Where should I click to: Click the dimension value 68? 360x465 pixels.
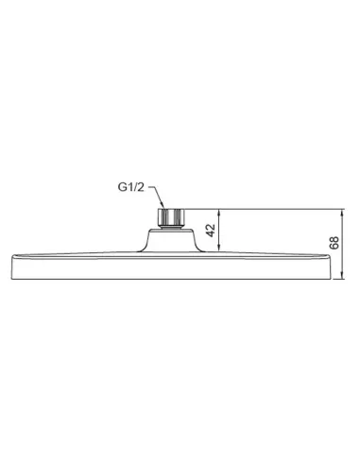tap(334, 243)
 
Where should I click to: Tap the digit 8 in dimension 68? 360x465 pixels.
tap(334, 239)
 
